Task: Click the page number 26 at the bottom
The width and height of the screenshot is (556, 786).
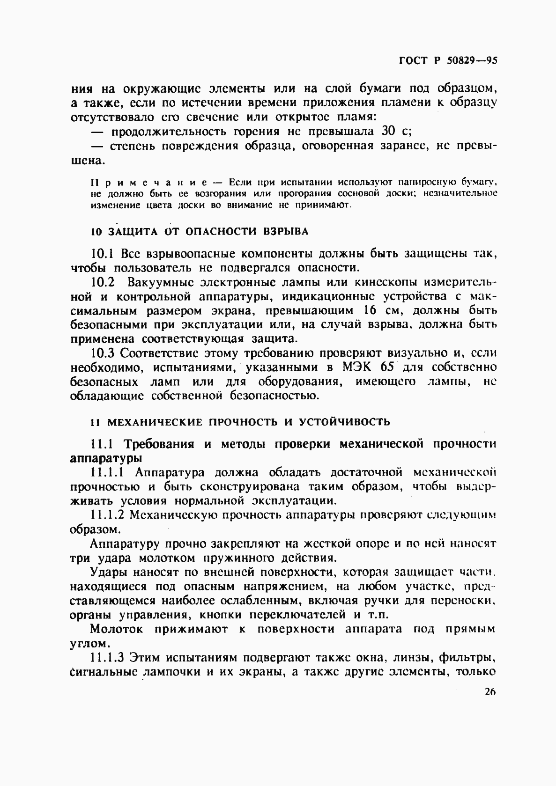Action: click(490, 692)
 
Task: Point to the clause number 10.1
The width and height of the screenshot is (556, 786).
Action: click(103, 254)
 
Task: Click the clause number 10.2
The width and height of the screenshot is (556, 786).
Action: click(103, 282)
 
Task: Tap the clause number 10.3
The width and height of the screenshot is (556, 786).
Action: click(103, 353)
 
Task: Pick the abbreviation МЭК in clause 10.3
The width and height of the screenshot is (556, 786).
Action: click(358, 367)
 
